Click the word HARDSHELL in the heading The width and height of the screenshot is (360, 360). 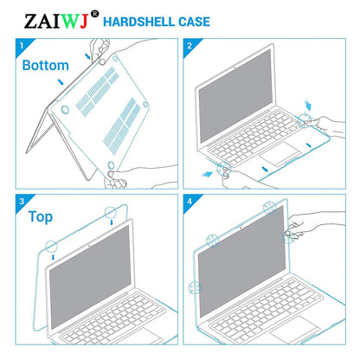click(151, 20)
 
